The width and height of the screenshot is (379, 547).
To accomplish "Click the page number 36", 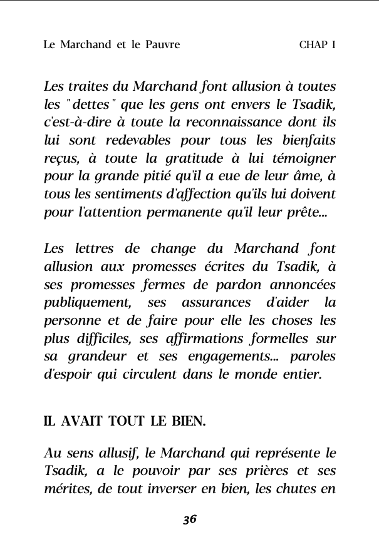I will (x=190, y=519).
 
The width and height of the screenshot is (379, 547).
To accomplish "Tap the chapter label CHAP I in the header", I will (x=318, y=45).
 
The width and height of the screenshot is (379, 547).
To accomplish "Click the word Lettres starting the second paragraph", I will (x=66, y=248).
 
